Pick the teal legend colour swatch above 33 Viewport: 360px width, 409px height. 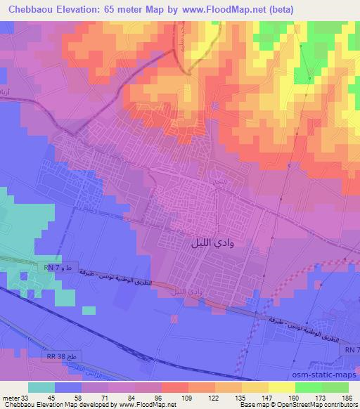(41, 387)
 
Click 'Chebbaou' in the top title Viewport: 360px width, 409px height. (29, 8)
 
